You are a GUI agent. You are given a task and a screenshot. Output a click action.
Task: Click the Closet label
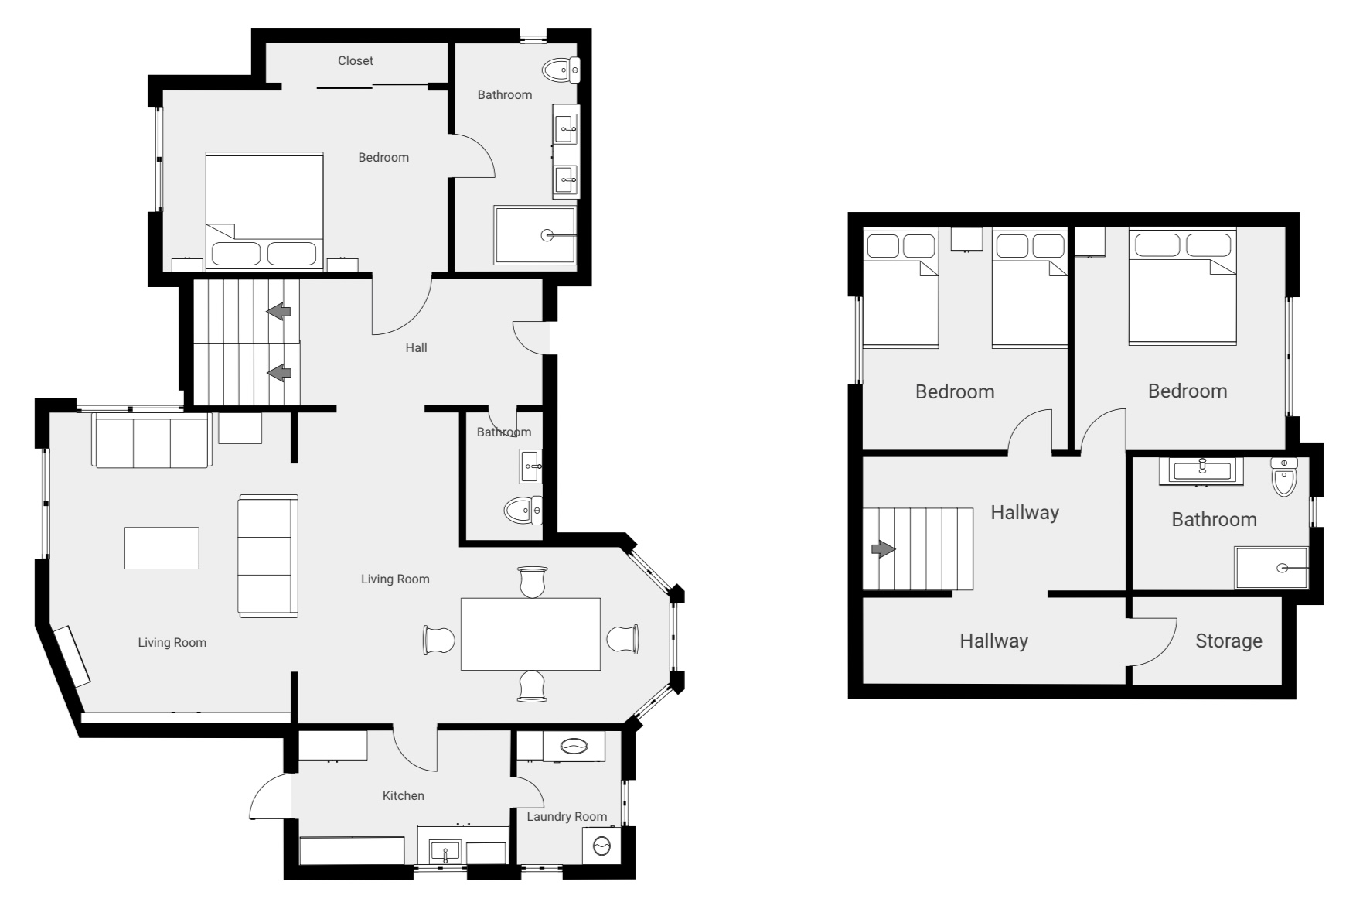[x=356, y=60]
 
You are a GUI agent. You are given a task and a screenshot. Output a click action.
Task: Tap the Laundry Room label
[x=567, y=816]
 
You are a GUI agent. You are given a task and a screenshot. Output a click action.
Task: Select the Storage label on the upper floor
[x=1228, y=641]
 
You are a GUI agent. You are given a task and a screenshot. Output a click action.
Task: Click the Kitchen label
[x=403, y=795]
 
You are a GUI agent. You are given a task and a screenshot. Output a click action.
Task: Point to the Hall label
[x=416, y=347]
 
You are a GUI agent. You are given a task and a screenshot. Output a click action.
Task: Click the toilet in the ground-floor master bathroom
[x=561, y=70]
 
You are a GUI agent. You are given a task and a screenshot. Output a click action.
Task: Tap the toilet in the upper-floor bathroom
[x=1283, y=478]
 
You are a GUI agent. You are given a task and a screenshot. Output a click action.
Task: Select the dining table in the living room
[x=530, y=634]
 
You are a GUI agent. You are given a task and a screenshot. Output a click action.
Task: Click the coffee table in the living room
[x=162, y=548]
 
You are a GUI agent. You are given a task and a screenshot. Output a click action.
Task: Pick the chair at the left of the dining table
[x=438, y=641]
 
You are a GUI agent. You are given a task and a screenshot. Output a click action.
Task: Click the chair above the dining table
[x=533, y=581]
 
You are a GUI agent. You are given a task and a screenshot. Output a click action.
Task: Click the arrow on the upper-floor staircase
[x=883, y=549]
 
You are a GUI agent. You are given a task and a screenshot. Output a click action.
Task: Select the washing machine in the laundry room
[x=601, y=846]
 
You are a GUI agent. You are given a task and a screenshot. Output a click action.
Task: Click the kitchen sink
[x=445, y=852]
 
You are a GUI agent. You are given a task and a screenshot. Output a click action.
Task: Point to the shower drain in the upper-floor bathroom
[x=1282, y=569]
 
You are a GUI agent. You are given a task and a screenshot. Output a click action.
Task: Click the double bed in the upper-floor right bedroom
[x=1182, y=287]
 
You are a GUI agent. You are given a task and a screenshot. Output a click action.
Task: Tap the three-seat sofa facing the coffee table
[x=267, y=556]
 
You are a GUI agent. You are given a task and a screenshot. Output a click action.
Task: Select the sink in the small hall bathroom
[x=530, y=466]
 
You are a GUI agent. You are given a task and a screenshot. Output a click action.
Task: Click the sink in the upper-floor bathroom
[x=1201, y=470]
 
